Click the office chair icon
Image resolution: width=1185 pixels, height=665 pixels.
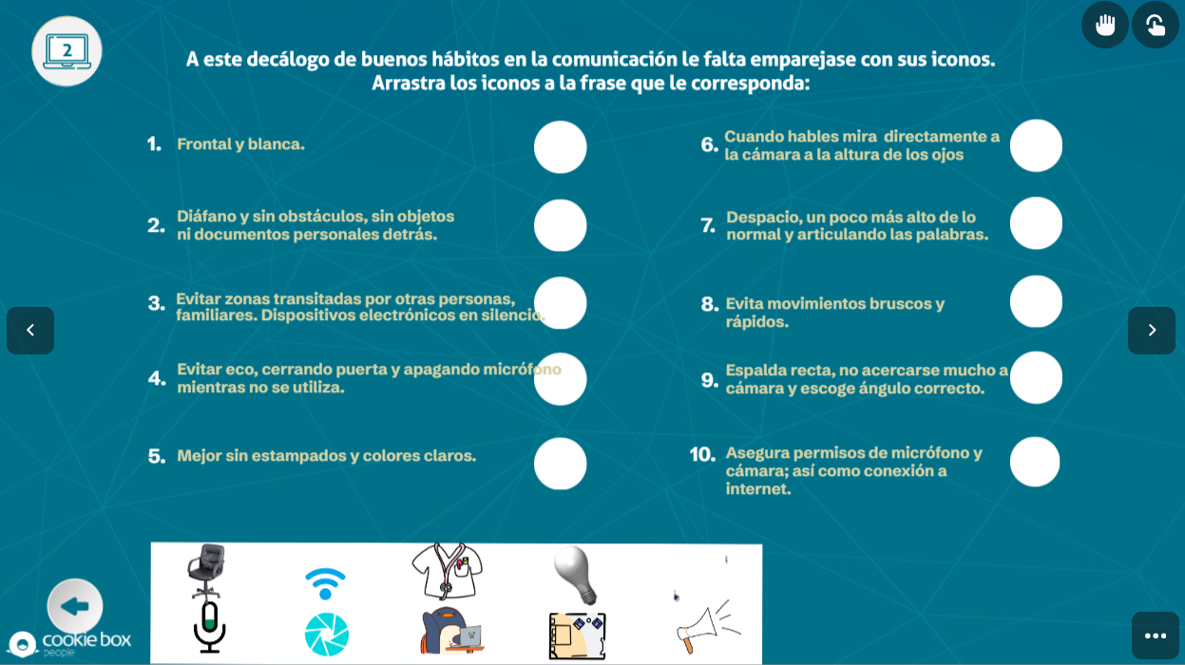(206, 571)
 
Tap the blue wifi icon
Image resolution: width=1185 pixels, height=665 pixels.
(325, 583)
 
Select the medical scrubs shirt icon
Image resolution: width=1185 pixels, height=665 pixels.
(447, 570)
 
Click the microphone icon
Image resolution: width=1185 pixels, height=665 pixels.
(209, 627)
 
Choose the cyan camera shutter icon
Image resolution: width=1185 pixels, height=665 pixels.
(326, 635)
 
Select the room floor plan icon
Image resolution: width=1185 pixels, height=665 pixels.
(577, 636)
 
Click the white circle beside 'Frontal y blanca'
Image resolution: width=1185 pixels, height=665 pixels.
(561, 147)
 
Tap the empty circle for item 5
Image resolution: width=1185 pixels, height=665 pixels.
(561, 464)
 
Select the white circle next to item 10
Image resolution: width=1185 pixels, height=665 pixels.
(1035, 462)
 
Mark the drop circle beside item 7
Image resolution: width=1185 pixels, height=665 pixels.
(1036, 223)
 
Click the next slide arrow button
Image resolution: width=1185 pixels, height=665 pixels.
(1152, 330)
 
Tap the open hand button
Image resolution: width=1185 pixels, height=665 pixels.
(1105, 25)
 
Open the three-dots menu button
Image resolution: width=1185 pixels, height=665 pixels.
(1156, 636)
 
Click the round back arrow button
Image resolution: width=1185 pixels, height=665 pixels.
(74, 606)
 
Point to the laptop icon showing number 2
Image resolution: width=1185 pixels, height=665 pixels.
(67, 50)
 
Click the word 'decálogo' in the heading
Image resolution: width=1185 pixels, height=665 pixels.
(296, 60)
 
